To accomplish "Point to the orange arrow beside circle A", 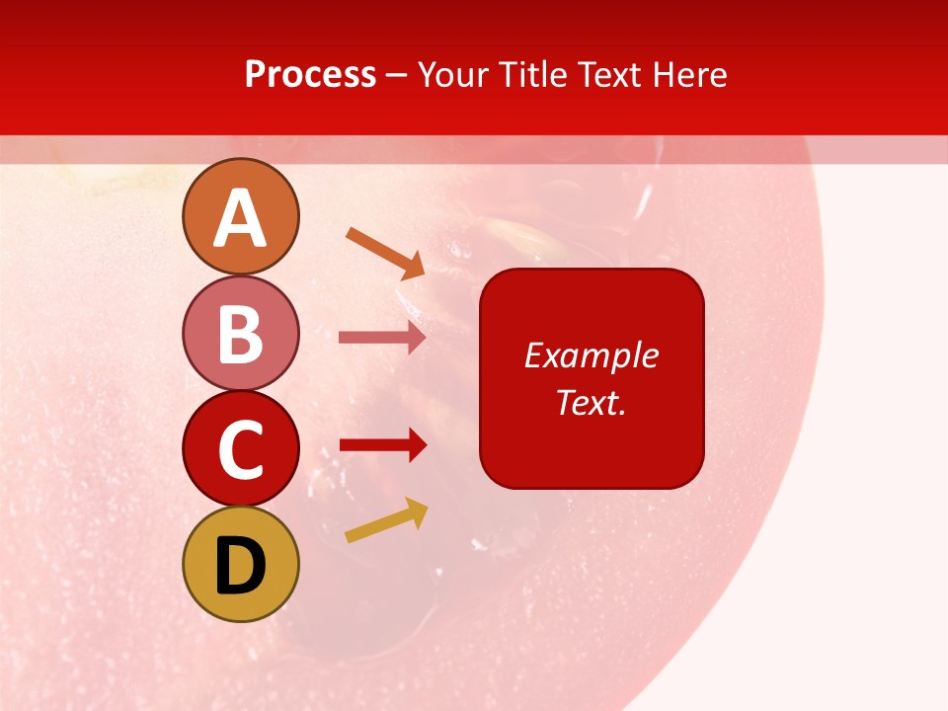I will pyautogui.click(x=385, y=252).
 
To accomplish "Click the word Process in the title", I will pyautogui.click(x=310, y=75).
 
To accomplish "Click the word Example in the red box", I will pyautogui.click(x=591, y=355).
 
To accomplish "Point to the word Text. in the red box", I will pyautogui.click(x=591, y=402).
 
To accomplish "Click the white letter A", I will pyautogui.click(x=240, y=219).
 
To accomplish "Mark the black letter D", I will pyautogui.click(x=240, y=567).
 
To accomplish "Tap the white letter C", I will pyautogui.click(x=240, y=450).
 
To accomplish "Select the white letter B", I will pyautogui.click(x=240, y=335).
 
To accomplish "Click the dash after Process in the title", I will pyautogui.click(x=397, y=76).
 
